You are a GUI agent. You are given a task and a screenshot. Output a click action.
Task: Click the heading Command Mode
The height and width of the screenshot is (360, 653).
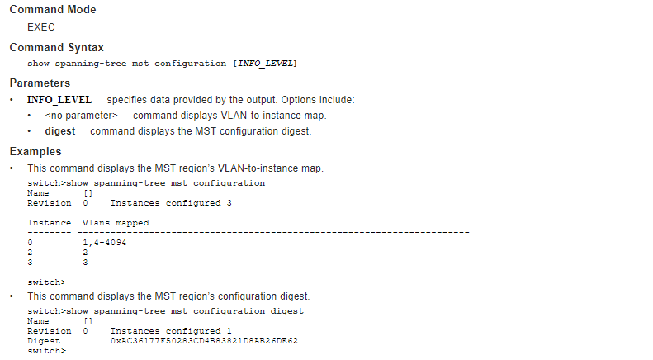(52, 10)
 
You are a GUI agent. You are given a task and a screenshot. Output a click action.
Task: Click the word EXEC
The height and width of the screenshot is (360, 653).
(41, 27)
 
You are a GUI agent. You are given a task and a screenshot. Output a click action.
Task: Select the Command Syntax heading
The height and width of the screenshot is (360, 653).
(56, 47)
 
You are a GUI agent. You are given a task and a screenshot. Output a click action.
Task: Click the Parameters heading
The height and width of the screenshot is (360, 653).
(40, 83)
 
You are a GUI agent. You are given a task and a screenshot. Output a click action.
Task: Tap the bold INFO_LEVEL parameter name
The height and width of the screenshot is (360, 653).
(59, 100)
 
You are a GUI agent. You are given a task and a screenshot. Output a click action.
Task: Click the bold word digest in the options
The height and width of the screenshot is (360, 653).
(60, 131)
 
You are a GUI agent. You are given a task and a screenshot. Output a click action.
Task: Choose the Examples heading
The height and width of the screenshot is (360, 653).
(35, 151)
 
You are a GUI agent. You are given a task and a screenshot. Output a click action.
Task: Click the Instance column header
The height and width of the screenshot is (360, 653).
(49, 223)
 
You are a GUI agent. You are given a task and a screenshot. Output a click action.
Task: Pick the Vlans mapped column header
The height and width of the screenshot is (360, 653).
(116, 223)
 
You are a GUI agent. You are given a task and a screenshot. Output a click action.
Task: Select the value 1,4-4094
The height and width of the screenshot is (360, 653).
(104, 243)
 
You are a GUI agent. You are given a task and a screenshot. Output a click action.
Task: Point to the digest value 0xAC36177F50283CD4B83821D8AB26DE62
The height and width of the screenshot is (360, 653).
(204, 341)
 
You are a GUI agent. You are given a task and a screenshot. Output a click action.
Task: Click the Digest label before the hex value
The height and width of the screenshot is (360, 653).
(44, 341)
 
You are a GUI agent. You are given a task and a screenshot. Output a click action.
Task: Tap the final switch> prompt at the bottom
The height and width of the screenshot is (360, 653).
(46, 351)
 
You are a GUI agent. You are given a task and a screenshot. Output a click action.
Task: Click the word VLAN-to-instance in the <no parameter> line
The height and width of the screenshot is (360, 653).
(260, 116)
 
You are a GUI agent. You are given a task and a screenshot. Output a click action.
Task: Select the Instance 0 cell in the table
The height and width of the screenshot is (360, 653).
(30, 243)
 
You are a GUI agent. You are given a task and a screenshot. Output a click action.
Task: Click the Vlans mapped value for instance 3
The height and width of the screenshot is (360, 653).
(85, 262)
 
